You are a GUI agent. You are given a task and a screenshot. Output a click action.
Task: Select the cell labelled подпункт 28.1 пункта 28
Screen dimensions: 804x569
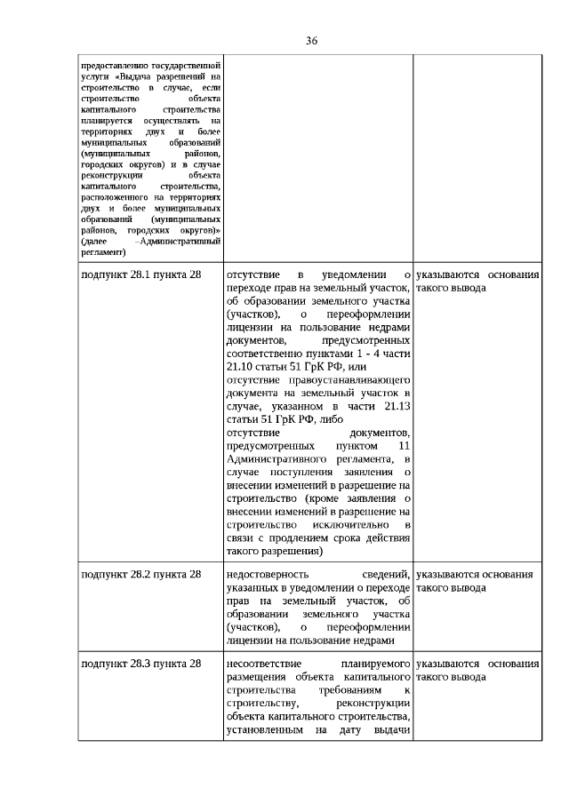click(141, 275)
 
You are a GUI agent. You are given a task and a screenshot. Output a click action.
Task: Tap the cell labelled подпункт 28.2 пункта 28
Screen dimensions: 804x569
click(141, 574)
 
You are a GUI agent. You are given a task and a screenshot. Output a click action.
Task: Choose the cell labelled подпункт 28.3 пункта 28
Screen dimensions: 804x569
click(141, 664)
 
